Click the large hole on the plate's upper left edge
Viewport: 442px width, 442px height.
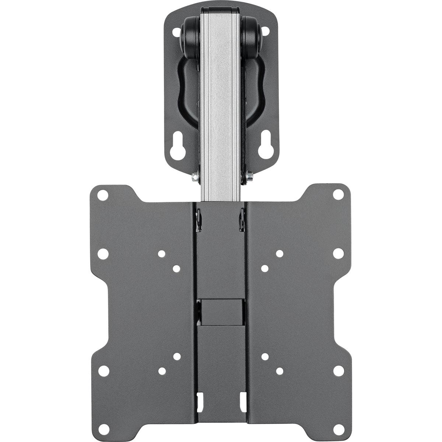click(x=104, y=253)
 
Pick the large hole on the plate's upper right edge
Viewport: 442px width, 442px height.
click(x=337, y=253)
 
